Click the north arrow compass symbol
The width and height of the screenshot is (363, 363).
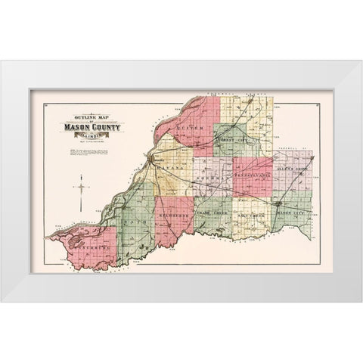click(81, 186)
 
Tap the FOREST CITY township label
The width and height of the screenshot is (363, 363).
click(233, 140)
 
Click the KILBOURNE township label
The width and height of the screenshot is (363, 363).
click(174, 215)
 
